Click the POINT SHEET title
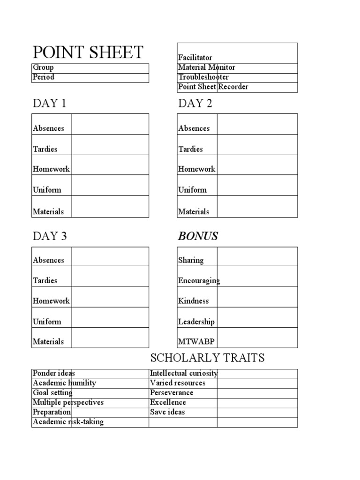coord(88,52)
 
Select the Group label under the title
coord(43,67)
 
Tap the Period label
coord(44,77)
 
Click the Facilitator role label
coord(195,58)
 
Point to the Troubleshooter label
coord(203,77)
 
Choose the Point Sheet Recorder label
coord(213,87)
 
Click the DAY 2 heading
coord(195,104)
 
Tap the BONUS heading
coord(198,236)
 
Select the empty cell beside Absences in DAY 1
coord(110,124)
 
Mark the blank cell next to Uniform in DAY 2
coord(257,186)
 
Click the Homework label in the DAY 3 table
coord(51,301)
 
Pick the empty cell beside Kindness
coord(257,297)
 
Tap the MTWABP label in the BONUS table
coord(193,342)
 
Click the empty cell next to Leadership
coord(257,317)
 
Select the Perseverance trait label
coord(172,393)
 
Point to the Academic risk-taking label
coord(68,422)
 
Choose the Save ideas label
coord(167,412)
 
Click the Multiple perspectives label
coord(68,403)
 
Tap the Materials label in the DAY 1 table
coord(48,212)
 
